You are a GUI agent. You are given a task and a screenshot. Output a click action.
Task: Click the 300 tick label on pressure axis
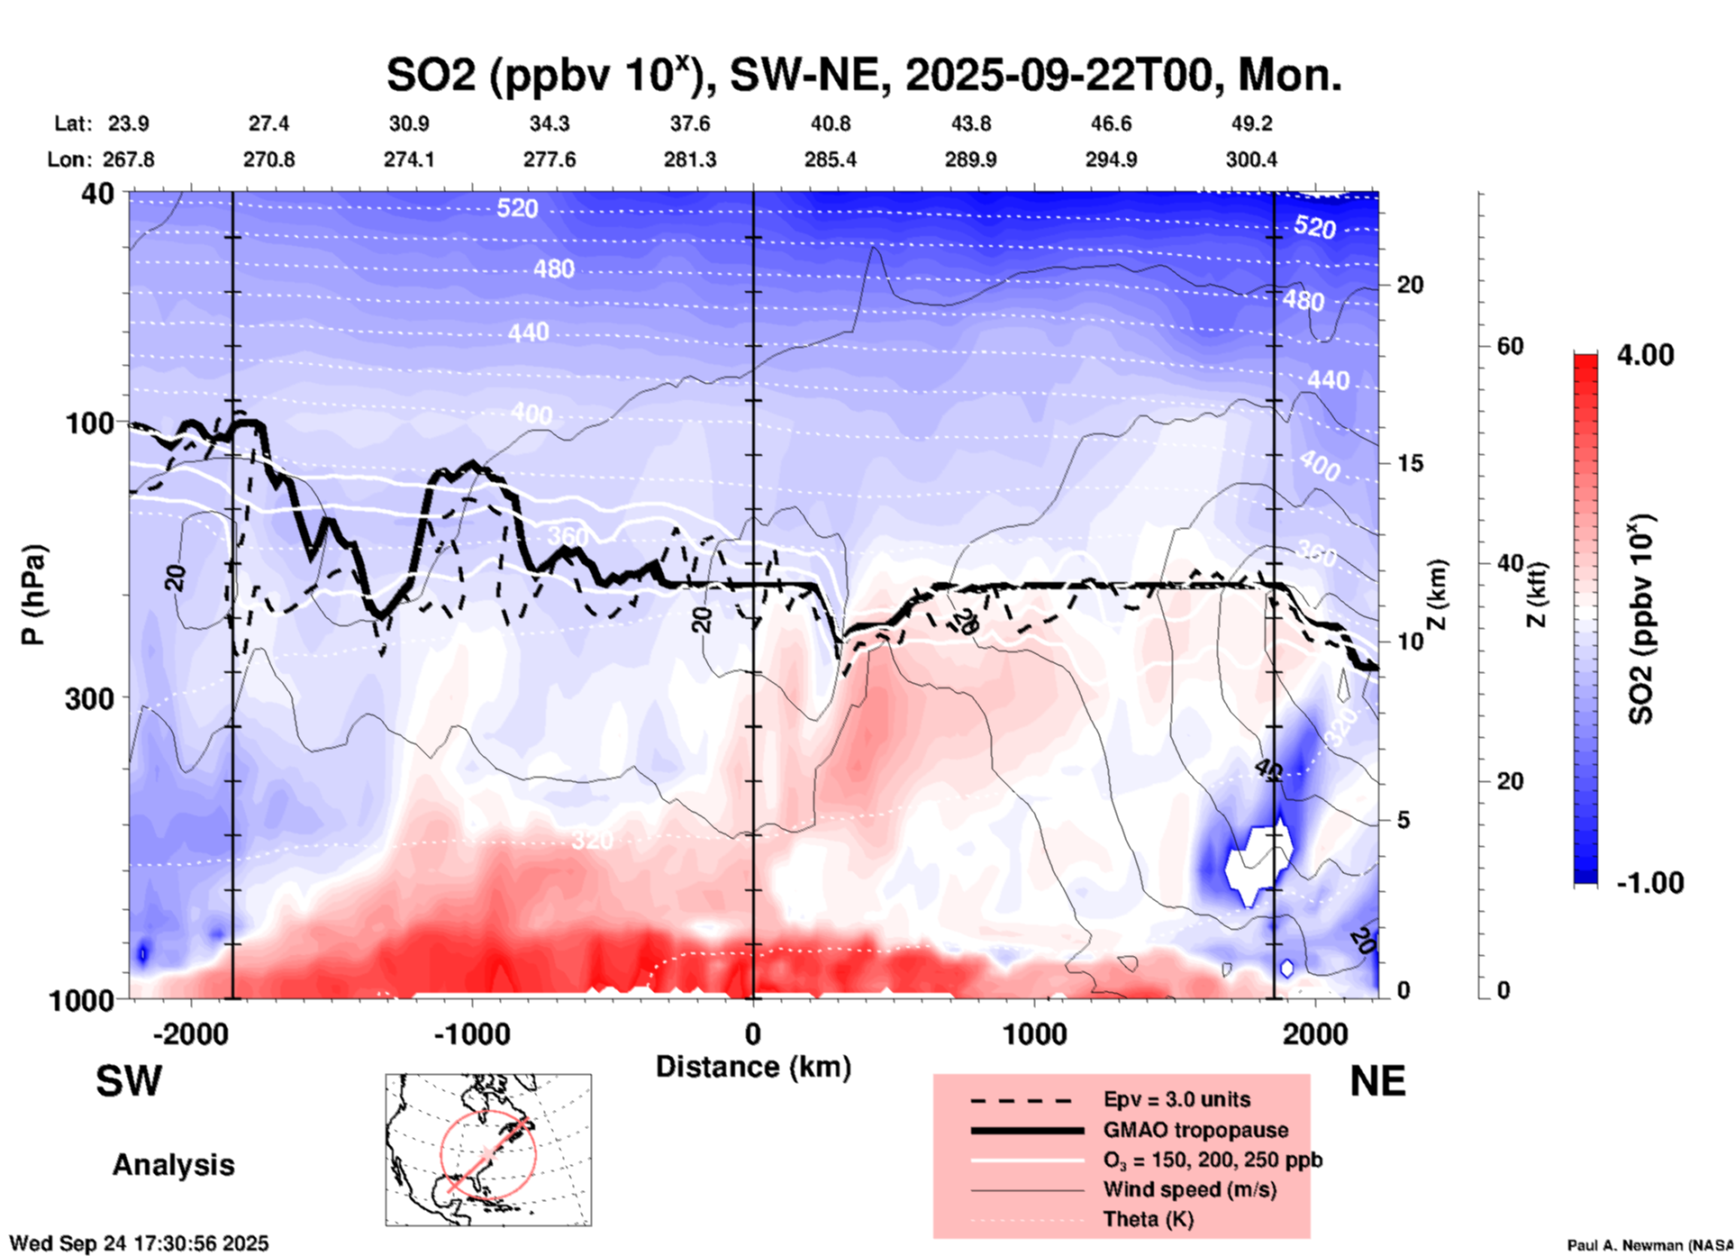click(x=89, y=698)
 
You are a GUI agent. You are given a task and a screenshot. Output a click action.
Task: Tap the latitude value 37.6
click(x=690, y=123)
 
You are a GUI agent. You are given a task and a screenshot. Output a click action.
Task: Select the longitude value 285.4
click(x=831, y=159)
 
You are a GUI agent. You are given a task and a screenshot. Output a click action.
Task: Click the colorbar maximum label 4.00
click(x=1645, y=355)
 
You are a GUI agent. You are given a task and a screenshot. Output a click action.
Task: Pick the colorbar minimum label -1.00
click(x=1649, y=883)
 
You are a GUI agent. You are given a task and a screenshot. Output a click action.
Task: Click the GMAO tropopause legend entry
click(x=1195, y=1130)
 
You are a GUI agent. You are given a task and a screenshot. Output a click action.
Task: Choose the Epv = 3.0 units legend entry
click(x=1176, y=1099)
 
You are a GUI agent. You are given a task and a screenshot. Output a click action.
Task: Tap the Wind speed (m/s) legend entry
click(x=1189, y=1189)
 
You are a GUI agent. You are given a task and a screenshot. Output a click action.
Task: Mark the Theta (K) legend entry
click(x=1148, y=1219)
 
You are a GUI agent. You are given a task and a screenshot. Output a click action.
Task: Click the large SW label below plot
click(x=129, y=1081)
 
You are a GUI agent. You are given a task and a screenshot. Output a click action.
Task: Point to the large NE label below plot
click(x=1377, y=1081)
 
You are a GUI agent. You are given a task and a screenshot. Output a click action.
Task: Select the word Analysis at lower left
click(x=173, y=1165)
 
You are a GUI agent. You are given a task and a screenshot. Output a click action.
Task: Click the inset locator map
click(x=488, y=1150)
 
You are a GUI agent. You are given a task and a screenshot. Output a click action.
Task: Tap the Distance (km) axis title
click(x=753, y=1067)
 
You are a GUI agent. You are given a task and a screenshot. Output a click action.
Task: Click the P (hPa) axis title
click(x=33, y=595)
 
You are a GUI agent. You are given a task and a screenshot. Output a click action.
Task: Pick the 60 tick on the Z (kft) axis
click(x=1510, y=346)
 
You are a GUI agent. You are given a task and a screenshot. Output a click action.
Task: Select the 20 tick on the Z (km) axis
click(x=1410, y=285)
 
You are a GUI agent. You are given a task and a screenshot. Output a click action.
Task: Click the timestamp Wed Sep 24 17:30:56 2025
click(x=139, y=1243)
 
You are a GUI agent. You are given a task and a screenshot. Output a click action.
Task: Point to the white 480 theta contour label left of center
click(x=553, y=268)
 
